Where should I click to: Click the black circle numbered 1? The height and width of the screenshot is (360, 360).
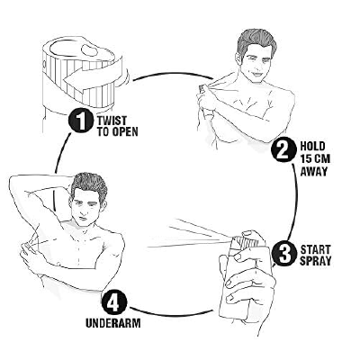point(81,121)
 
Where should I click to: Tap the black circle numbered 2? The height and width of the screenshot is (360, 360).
point(283,149)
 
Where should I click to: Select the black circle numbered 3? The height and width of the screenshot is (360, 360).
point(284,254)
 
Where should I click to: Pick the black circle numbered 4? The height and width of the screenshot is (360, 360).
point(114,302)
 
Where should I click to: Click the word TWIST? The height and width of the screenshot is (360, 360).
point(112,121)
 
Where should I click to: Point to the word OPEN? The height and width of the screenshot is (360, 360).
point(125,131)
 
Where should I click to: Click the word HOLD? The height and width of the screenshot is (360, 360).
point(312,146)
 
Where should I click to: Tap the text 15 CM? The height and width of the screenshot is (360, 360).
point(315,158)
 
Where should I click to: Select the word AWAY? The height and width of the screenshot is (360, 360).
point(314,171)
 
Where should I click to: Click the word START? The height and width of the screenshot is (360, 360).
point(315,249)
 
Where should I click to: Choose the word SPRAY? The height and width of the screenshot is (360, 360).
point(316,261)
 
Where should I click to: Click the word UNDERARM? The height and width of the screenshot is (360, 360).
point(113,323)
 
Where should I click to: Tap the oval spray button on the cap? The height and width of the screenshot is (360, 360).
point(89,50)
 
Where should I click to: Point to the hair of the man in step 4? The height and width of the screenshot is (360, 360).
point(88,185)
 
